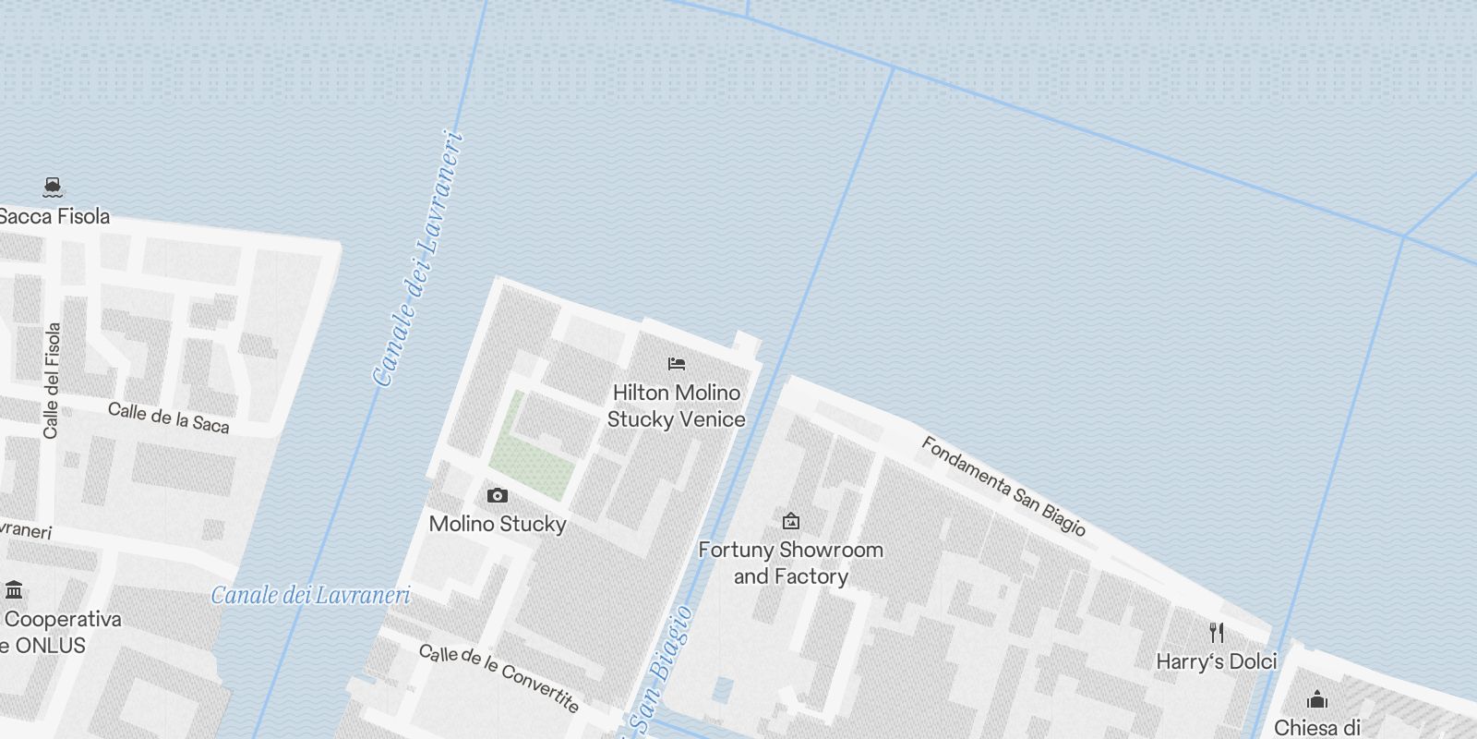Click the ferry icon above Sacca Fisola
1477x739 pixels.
point(53,188)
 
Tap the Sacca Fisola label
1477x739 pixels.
point(55,216)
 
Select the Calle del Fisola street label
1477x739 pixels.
point(53,380)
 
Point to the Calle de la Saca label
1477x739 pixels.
point(168,418)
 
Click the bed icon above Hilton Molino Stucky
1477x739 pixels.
point(677,364)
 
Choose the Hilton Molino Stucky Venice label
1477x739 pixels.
point(677,406)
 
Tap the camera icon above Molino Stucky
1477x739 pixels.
point(498,496)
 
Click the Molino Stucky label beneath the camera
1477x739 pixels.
point(498,524)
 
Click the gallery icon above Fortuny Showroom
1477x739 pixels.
point(790,522)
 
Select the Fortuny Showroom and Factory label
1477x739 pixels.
point(790,563)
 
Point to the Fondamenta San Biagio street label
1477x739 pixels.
point(1003,486)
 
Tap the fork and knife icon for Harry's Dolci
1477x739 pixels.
point(1217,633)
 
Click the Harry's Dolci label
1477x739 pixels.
point(1217,661)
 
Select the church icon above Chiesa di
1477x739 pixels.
point(1317,699)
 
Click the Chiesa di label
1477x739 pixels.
point(1317,727)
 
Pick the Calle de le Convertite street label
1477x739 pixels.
point(499,679)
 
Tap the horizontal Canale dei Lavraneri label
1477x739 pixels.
point(310,595)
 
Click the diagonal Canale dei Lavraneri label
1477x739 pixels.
point(417,259)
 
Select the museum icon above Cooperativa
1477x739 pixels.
point(14,589)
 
